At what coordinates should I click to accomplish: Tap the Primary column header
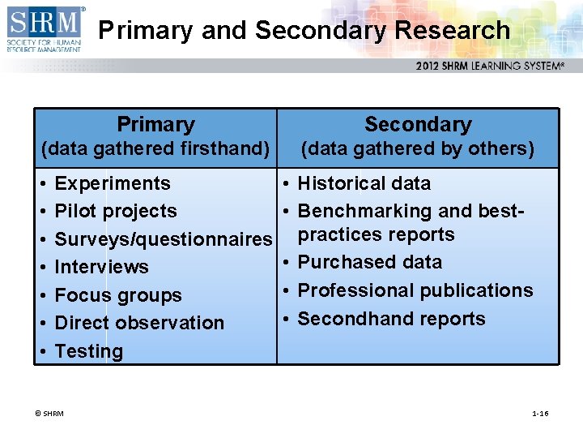click(x=155, y=124)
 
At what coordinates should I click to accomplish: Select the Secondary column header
click(x=418, y=124)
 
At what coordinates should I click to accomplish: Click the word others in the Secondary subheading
click(x=504, y=148)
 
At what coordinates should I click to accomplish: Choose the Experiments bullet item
click(x=113, y=183)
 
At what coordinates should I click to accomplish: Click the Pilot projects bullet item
click(x=116, y=211)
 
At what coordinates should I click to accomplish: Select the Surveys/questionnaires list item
click(x=163, y=239)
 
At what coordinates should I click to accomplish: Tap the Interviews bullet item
click(x=102, y=267)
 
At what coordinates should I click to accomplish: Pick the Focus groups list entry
click(x=118, y=295)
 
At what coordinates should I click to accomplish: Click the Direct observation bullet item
click(x=139, y=323)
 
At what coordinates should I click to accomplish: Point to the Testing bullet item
click(x=89, y=351)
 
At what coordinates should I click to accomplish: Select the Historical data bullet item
click(x=364, y=183)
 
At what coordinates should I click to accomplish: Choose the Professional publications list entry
click(x=415, y=290)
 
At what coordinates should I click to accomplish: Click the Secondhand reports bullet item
click(x=392, y=319)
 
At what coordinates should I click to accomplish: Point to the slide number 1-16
click(x=540, y=414)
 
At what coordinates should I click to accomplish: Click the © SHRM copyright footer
click(x=49, y=414)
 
